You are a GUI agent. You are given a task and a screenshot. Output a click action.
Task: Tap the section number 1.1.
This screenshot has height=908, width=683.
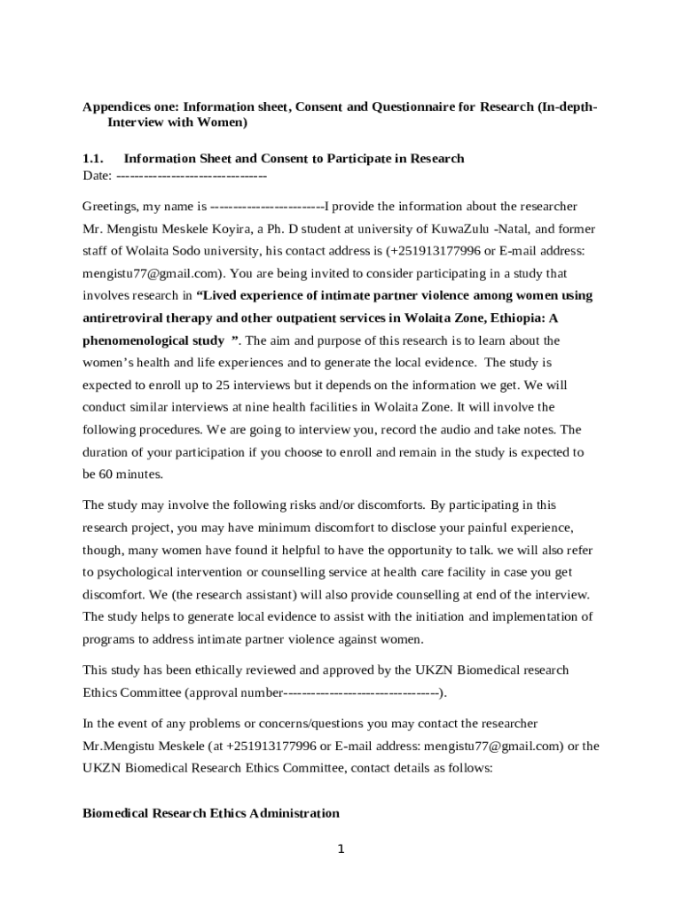click(94, 159)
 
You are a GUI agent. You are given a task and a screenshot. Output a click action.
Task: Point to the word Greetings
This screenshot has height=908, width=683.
click(110, 207)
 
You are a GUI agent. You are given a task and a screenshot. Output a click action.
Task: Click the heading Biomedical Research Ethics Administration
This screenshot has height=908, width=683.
click(210, 813)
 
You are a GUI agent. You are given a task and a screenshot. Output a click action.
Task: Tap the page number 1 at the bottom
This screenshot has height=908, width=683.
click(341, 849)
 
